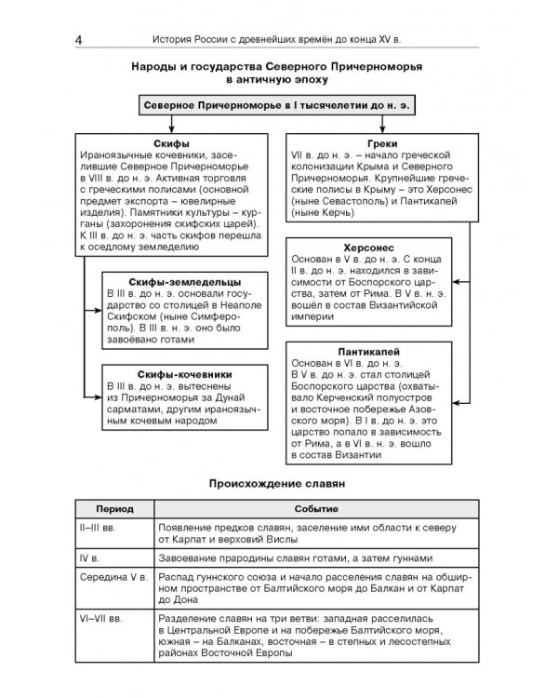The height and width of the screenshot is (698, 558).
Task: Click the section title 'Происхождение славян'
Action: coord(278,484)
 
